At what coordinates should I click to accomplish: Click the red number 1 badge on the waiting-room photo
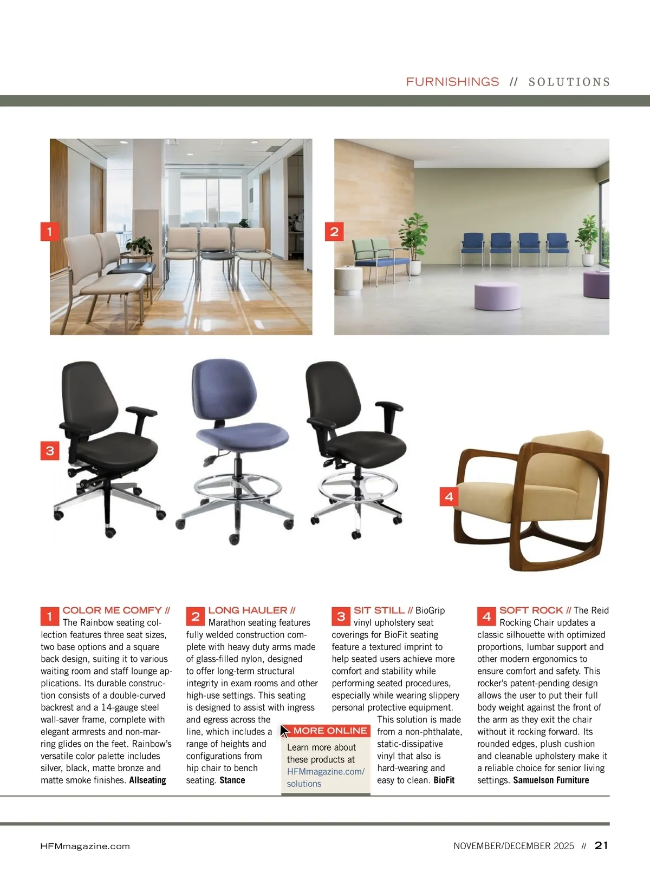coord(49,232)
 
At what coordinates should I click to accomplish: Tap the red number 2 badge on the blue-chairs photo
coord(334,232)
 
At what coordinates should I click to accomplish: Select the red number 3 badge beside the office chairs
coord(50,450)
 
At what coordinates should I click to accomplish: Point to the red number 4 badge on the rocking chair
coord(448,496)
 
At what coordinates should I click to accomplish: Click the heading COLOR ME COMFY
coord(112,610)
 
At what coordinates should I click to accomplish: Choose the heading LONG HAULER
coord(248,610)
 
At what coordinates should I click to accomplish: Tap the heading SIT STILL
coord(379,610)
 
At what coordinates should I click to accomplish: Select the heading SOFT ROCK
coord(531,610)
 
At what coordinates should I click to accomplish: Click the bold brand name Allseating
coord(147,780)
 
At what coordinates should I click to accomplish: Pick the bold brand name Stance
coord(232,780)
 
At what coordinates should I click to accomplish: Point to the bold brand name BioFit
coord(444,780)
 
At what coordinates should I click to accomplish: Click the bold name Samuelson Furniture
coord(551,780)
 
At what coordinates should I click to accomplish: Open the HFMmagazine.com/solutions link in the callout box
coord(326,777)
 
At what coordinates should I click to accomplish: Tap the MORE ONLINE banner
coord(330,731)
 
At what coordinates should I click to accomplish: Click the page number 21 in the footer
coord(601,845)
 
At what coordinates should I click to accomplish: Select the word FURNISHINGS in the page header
coord(452,82)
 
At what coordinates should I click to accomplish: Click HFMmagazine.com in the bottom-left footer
coord(85,846)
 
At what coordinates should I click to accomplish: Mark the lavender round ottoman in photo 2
coord(497,296)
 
